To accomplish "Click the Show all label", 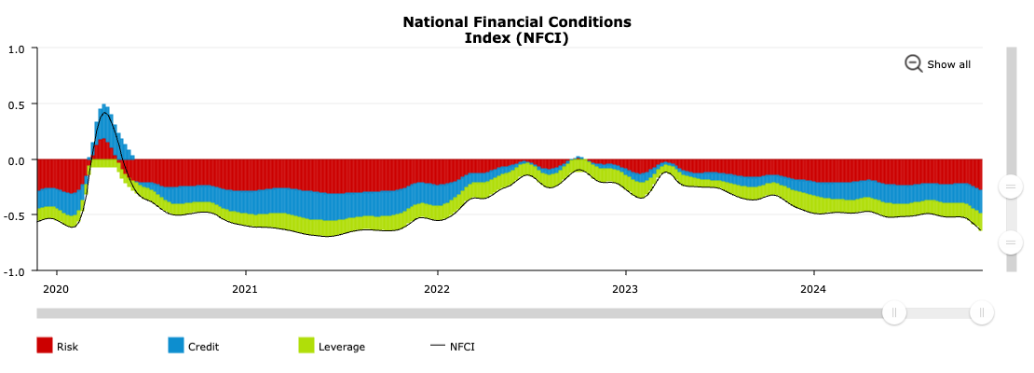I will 948,64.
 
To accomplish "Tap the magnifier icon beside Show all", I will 913,63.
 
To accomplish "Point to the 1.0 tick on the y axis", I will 17,48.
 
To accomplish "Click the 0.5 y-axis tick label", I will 17,104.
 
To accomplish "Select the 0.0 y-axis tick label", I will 17,160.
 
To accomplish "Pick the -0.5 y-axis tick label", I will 15,216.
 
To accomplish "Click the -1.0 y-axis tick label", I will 15,272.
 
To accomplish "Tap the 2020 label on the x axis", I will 56,288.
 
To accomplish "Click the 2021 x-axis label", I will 245,288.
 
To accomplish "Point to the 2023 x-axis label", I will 624,288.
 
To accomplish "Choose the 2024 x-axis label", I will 813,288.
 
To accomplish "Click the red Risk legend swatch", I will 45,346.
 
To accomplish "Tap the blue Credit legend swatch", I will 176,346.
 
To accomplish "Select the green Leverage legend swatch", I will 306,346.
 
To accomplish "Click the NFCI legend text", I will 462,347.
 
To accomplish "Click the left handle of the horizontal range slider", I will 894,313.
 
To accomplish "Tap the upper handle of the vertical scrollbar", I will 1009,186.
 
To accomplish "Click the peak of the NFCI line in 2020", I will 104,113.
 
